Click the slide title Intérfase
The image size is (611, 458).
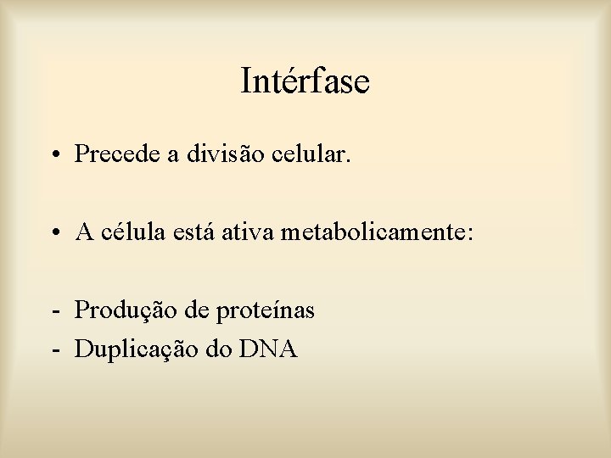tap(305, 81)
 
